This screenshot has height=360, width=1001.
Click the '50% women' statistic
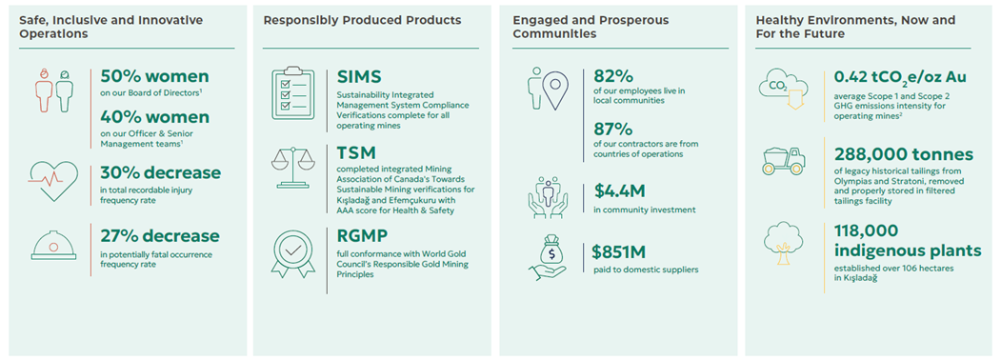(154, 76)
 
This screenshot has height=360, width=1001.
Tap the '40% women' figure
(154, 117)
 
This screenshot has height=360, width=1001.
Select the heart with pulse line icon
(54, 179)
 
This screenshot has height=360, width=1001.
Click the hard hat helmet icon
(54, 243)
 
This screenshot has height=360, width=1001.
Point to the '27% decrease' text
(160, 236)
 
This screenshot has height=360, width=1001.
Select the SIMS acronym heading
(359, 77)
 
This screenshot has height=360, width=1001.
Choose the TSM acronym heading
(356, 152)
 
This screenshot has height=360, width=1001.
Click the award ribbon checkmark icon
(293, 253)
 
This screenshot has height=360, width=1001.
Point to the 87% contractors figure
(611, 130)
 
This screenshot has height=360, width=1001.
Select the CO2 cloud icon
(783, 90)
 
